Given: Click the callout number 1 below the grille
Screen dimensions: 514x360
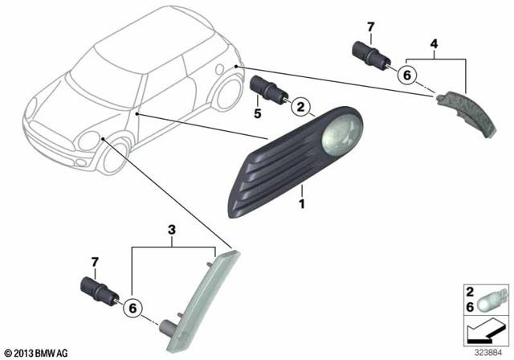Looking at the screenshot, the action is (x=302, y=203).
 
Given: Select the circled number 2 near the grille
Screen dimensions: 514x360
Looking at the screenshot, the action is (x=300, y=107).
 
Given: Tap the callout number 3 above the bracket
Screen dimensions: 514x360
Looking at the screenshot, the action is (x=171, y=230).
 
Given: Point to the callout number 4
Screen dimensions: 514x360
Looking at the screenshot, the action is (x=434, y=43).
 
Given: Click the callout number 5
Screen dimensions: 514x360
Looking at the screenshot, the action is (x=258, y=113).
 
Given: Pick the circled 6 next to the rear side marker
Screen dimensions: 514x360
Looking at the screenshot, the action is (x=407, y=76).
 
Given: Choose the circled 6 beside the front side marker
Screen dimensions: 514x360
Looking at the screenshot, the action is (x=133, y=309).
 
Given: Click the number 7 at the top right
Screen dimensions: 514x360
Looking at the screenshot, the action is (x=371, y=27).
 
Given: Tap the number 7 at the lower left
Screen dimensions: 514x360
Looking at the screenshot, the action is (x=95, y=262).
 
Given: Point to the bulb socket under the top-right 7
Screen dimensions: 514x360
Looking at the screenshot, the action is (x=369, y=58).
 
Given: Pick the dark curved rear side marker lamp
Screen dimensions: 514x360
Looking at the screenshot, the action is (x=467, y=112).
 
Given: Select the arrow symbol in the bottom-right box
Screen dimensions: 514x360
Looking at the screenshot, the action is (x=486, y=330).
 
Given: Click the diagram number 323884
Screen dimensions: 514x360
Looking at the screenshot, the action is (x=488, y=354).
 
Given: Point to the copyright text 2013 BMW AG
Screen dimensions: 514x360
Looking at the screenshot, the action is (x=36, y=353).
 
